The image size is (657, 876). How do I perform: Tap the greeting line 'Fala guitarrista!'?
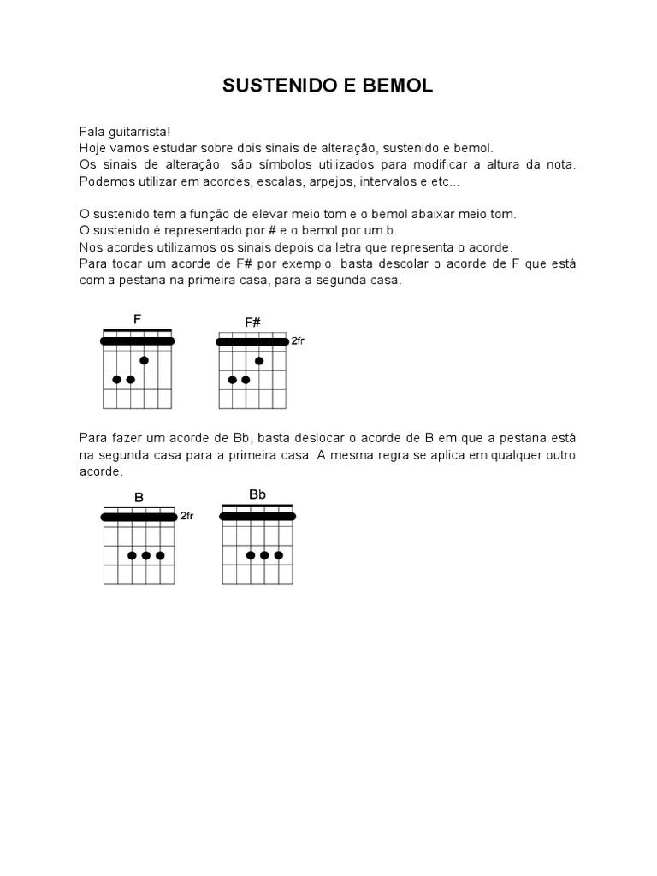pos(125,132)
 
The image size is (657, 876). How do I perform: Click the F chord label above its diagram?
pos(137,319)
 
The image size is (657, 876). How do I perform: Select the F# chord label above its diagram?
pos(252,323)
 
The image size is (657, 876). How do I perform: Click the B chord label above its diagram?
pos(139,497)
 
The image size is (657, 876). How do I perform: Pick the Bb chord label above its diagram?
pos(257,494)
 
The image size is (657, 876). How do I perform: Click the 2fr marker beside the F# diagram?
pos(298,340)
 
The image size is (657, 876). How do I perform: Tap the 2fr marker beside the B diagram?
pos(186,516)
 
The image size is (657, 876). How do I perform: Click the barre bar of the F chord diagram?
pos(137,340)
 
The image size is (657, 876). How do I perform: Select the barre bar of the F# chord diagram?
pos(252,341)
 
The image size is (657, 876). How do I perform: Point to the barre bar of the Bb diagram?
pos(257,516)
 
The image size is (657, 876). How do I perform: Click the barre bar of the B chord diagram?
pos(139,517)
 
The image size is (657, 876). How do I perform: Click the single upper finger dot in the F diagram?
pos(145,360)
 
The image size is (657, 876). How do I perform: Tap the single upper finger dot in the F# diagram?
pos(259,361)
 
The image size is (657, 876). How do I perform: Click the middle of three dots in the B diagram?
pos(146,555)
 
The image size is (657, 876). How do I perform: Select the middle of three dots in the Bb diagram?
pos(264,555)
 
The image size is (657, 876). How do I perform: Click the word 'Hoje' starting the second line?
pos(92,148)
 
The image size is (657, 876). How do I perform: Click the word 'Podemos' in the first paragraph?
pos(102,181)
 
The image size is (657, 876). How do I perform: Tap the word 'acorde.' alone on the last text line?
pos(101,471)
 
